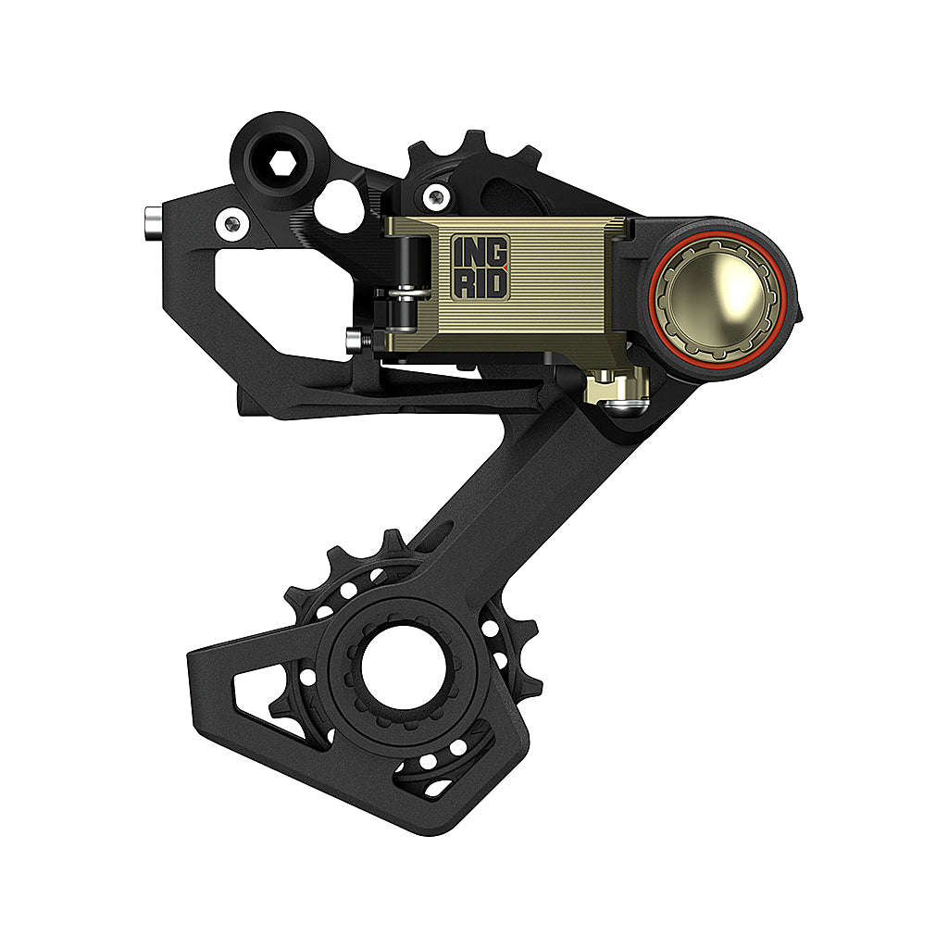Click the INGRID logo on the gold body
click(x=480, y=267)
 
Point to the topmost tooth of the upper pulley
click(x=475, y=141)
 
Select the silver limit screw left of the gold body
click(x=352, y=341)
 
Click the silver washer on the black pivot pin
click(x=405, y=294)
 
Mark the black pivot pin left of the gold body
click(x=405, y=278)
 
